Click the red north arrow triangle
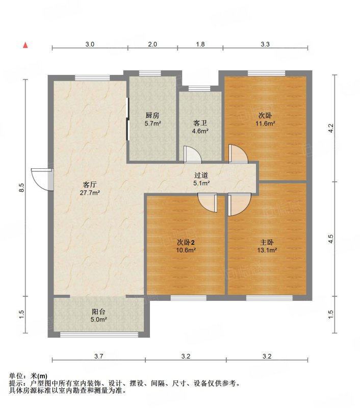point(25,45)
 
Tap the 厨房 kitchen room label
point(152,115)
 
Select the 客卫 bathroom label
point(200,123)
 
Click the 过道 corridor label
point(201,175)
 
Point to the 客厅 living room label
point(90,185)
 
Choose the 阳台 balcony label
point(98,312)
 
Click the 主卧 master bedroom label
point(267,243)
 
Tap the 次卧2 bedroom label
point(186,243)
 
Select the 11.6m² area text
point(265,123)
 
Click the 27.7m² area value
point(90,193)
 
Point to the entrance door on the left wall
point(42,180)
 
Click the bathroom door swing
point(192,155)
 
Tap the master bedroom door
point(240,205)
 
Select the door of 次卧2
point(208,203)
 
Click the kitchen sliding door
point(127,119)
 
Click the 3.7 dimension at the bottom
point(99,356)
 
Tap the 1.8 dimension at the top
point(200,44)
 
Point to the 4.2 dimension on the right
point(330,129)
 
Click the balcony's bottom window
point(99,335)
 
